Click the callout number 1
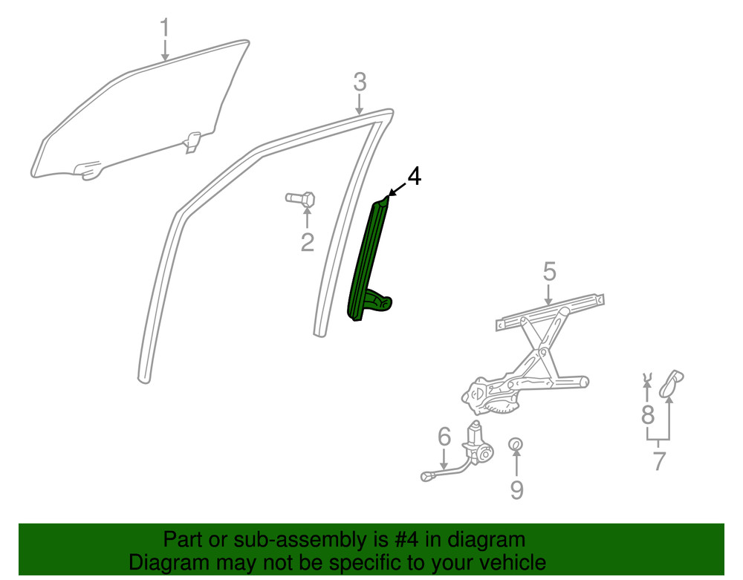[x=164, y=28]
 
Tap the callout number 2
[x=308, y=242]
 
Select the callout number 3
[x=360, y=82]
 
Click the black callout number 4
[x=414, y=176]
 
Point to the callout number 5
[x=549, y=272]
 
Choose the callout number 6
[x=444, y=437]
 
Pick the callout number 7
[x=659, y=460]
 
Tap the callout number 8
[x=648, y=415]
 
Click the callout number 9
[x=516, y=489]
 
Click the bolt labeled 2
[x=301, y=198]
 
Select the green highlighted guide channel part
[x=368, y=259]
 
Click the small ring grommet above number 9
[x=516, y=444]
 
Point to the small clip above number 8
[x=646, y=377]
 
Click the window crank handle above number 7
[x=671, y=383]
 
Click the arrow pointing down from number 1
[x=165, y=50]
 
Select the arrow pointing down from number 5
[x=549, y=294]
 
